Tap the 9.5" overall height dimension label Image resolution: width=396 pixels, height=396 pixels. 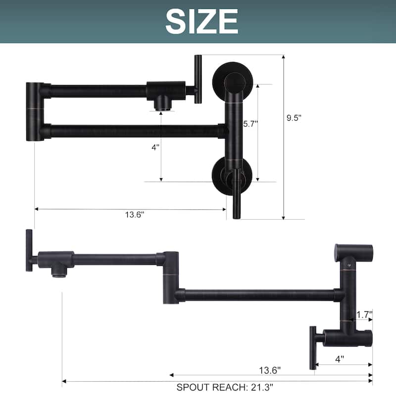click(x=294, y=118)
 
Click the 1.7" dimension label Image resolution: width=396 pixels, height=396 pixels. click(x=364, y=314)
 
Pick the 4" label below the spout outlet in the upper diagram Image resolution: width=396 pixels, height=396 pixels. click(x=156, y=148)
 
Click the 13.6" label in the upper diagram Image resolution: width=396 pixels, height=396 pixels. click(x=135, y=214)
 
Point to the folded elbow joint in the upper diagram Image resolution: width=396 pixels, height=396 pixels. click(x=35, y=111)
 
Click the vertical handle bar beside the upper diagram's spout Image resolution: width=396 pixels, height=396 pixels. click(x=198, y=79)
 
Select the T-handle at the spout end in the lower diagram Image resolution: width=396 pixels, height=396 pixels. click(x=30, y=250)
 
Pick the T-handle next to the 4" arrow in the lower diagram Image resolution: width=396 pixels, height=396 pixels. click(x=313, y=347)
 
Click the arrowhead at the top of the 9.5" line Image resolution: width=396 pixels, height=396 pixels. click(x=284, y=57)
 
